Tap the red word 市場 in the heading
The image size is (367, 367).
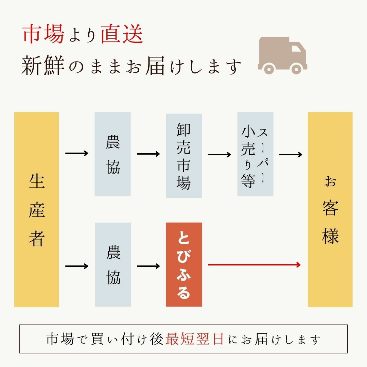coord(44,35)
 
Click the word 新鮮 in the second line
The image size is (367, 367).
coord(43,66)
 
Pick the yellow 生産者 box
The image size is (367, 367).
coord(37,209)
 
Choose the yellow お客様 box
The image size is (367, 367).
coord(330,209)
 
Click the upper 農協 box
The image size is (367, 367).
coord(112,154)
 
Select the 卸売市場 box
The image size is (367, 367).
coord(184,156)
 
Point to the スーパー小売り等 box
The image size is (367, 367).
coord(255,154)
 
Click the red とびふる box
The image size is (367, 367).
coord(184,265)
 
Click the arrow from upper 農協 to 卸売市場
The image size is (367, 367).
coord(148,154)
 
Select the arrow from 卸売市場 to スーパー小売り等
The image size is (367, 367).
coord(219,155)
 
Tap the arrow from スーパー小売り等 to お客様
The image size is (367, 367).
coord(291,155)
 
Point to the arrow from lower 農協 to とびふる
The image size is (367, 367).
coord(148,265)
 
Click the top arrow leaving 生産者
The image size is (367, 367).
coord(76,154)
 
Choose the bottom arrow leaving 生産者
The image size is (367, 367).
coord(76,265)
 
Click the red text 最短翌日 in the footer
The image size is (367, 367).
coord(195,339)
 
